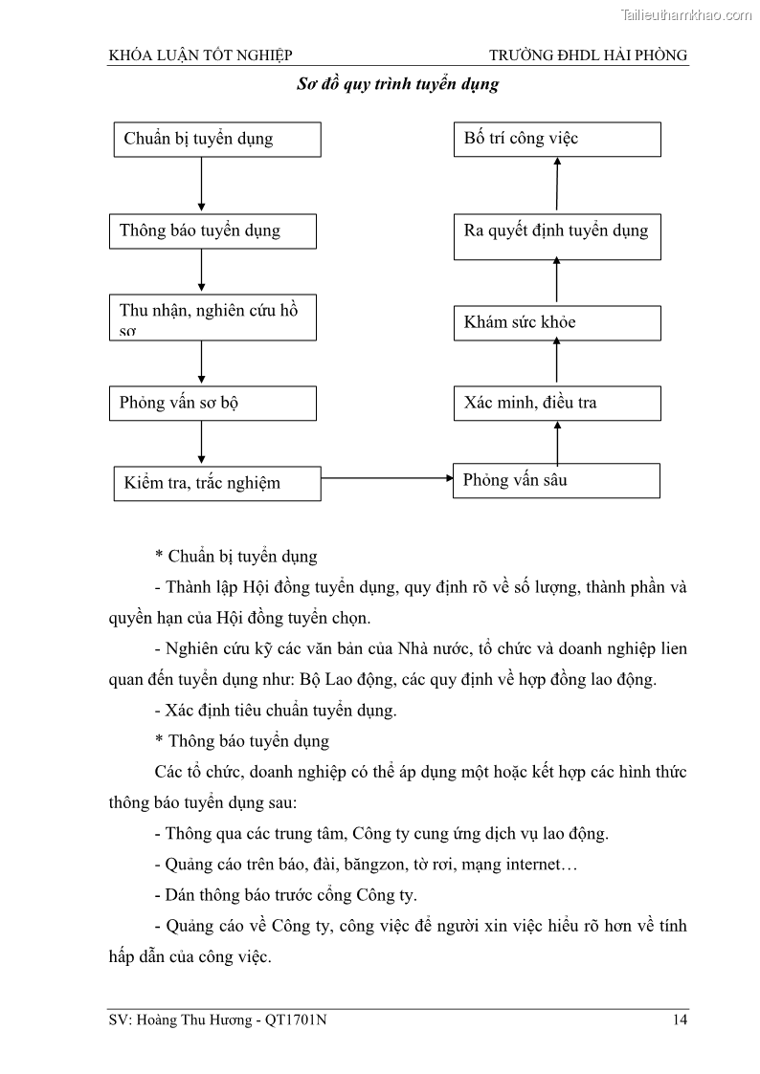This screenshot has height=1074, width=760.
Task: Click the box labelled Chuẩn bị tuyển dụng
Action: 216,139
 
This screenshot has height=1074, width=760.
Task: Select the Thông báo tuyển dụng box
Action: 212,230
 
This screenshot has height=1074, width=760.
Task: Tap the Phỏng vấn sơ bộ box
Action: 212,403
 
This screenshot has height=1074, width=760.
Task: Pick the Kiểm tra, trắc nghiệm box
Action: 216,482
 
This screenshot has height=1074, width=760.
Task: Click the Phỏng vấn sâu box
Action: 556,480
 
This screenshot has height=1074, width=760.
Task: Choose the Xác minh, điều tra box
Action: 556,403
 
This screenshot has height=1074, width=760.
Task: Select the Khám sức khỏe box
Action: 556,322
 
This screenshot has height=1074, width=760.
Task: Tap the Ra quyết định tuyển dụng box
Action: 556,230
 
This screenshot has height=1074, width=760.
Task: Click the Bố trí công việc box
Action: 556,139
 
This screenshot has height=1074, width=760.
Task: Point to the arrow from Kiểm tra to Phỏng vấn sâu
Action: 388,477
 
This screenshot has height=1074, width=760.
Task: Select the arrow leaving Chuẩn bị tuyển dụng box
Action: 201,185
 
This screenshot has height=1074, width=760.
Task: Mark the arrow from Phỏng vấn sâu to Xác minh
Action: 557,442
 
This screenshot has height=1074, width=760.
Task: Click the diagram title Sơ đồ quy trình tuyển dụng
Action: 397,84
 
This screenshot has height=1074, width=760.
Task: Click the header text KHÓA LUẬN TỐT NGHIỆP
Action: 200,55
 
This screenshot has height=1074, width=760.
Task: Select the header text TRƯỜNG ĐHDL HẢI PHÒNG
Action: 588,55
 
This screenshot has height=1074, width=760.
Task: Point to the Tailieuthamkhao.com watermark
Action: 686,14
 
